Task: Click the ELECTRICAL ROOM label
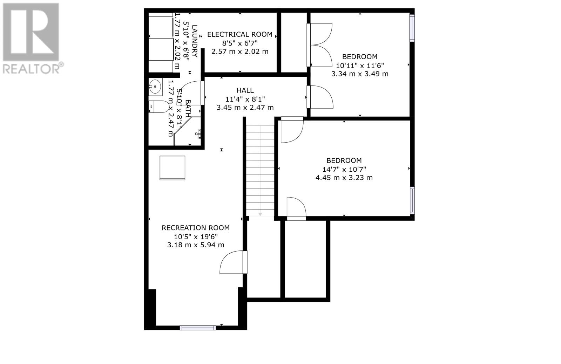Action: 240,35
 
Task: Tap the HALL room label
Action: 245,90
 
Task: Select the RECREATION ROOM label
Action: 196,228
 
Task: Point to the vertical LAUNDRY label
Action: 195,41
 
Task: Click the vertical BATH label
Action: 188,108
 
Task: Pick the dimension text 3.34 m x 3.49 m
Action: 360,74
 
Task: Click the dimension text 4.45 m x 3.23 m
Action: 344,178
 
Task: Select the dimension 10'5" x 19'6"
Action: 196,236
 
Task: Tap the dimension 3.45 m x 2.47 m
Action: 245,108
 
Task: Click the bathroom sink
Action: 156,87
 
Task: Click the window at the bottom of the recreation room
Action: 198,328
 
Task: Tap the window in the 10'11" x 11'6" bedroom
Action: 412,28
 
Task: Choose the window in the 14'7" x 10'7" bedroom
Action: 412,200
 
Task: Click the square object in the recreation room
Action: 172,168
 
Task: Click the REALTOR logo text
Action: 33,68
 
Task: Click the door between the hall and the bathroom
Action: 191,93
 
